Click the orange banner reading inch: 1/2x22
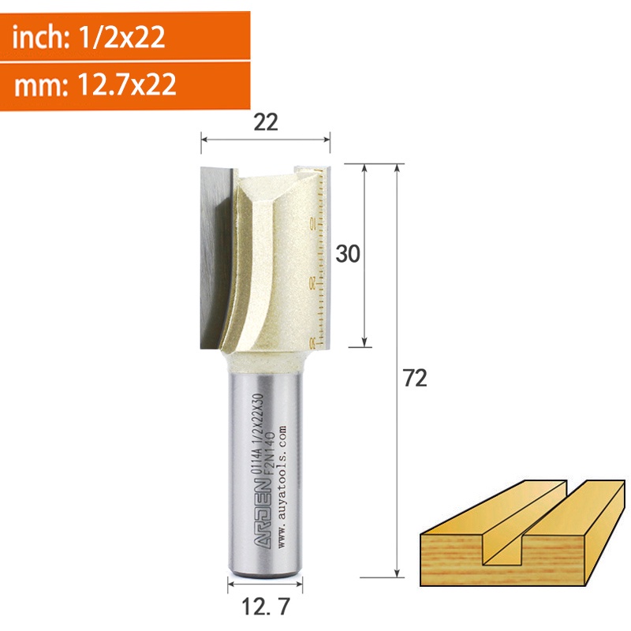click(125, 36)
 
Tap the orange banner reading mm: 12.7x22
click(125, 85)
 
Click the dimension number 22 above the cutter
click(266, 122)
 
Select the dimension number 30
click(348, 254)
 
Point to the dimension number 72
click(415, 379)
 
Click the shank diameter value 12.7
click(266, 607)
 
